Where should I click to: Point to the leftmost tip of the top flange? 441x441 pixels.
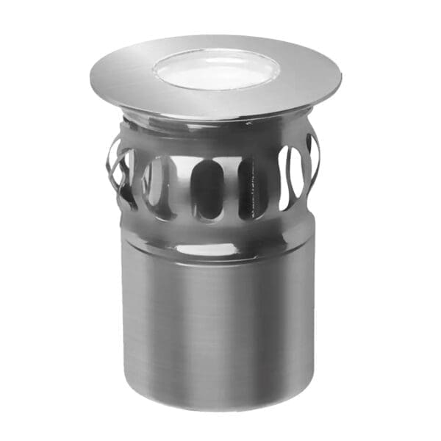[x=91, y=77]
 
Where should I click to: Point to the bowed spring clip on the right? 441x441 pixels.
[x=312, y=158]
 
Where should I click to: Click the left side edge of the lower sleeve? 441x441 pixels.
[x=123, y=323]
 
